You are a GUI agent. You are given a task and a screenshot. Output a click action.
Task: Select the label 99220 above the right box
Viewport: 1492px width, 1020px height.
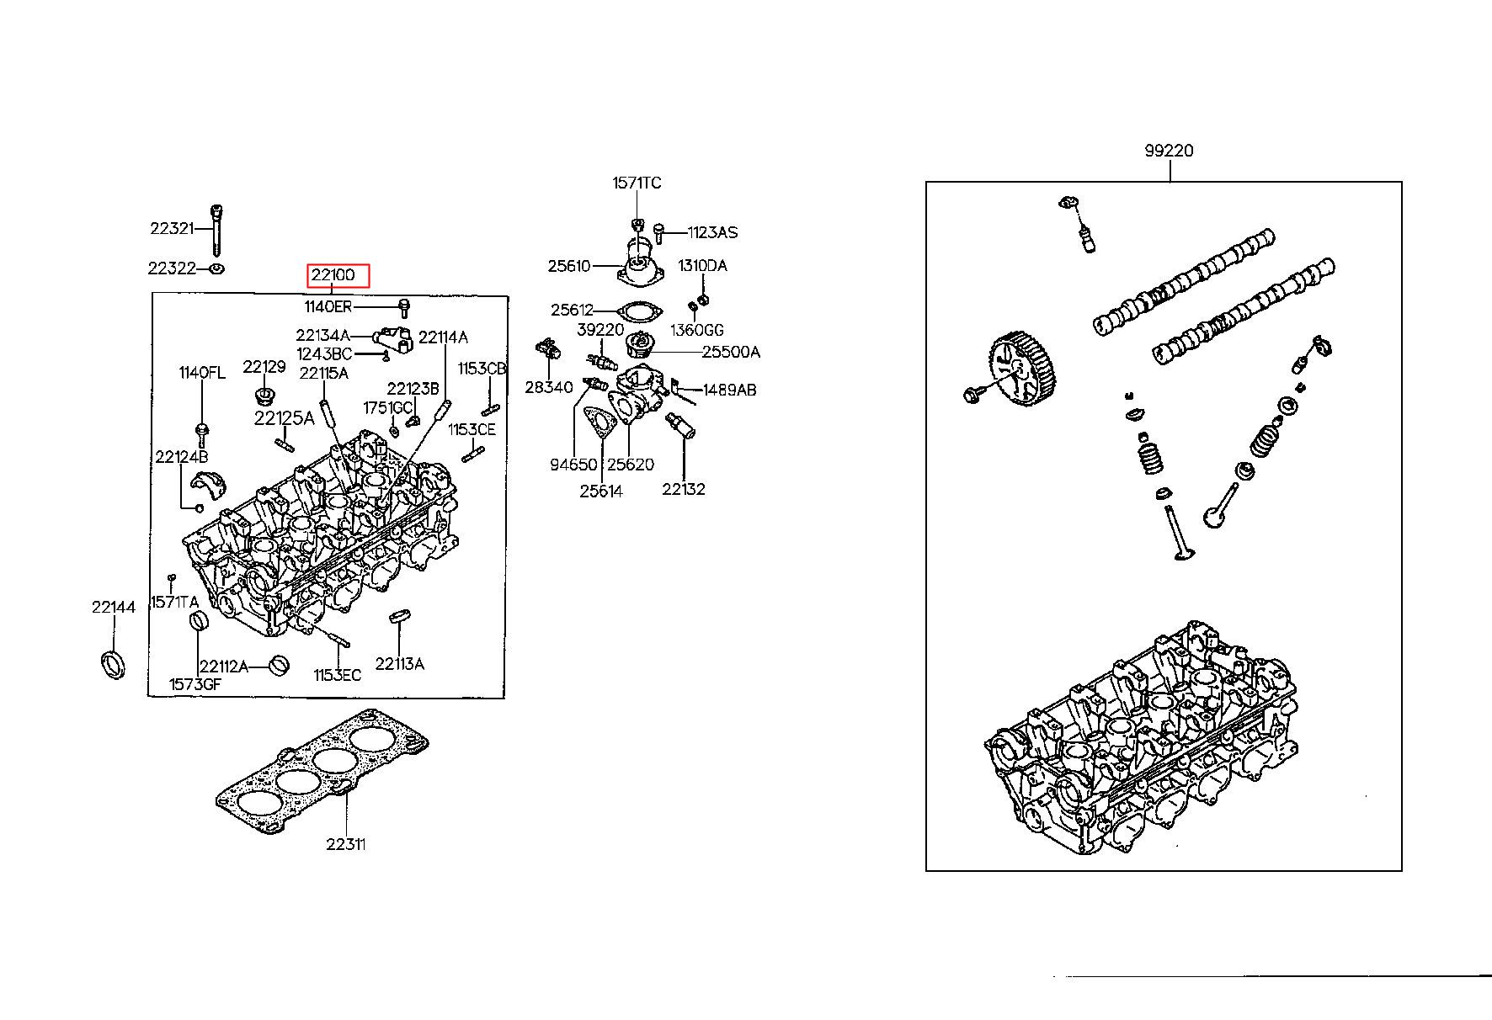tap(1169, 151)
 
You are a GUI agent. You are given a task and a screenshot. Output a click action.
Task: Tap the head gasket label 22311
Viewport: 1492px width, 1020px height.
tap(346, 844)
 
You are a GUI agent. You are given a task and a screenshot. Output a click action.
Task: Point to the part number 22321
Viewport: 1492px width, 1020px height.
tap(172, 228)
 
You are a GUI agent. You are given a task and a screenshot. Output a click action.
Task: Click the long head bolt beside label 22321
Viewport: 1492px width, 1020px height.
tap(217, 229)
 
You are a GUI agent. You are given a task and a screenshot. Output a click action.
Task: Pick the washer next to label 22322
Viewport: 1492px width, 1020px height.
tap(216, 268)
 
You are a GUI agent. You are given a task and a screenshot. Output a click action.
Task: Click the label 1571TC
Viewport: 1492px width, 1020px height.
tap(637, 183)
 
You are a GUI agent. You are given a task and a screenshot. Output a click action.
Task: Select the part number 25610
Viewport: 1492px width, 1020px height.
tap(569, 266)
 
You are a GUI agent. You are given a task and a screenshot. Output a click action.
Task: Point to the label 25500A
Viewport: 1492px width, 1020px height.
tap(731, 352)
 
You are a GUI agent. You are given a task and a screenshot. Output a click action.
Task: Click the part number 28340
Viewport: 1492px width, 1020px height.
tap(548, 387)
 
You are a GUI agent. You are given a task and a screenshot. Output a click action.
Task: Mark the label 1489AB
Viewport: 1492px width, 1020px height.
tap(729, 390)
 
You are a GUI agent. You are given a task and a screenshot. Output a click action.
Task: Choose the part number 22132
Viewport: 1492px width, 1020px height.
tap(683, 489)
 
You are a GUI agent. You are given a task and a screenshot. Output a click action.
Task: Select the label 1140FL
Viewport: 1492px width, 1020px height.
tap(201, 373)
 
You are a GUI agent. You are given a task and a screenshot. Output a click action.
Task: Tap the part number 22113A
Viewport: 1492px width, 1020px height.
tap(399, 664)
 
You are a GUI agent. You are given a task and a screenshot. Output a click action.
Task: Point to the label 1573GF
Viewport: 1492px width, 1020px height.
tap(194, 684)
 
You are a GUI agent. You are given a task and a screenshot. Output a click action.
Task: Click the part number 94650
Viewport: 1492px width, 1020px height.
tap(573, 465)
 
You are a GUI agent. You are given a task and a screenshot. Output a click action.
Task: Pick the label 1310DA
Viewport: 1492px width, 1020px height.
tap(702, 266)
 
